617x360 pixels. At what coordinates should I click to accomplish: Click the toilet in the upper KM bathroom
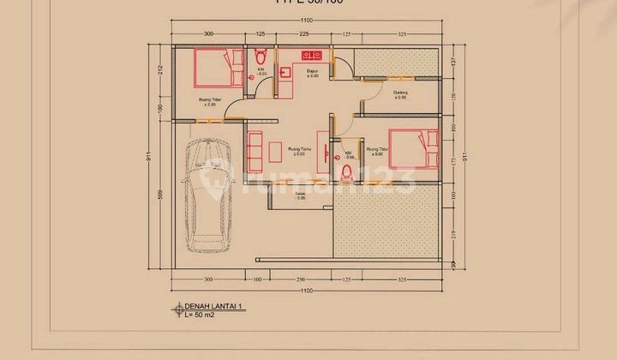point(261,56)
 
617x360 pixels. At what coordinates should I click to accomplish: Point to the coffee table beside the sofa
point(274,150)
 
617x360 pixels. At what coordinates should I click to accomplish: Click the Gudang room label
point(399,93)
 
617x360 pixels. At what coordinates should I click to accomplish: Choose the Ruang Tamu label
point(299,150)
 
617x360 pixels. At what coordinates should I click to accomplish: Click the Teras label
point(301,195)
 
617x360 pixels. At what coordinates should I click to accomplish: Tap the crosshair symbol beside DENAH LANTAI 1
point(178,308)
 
